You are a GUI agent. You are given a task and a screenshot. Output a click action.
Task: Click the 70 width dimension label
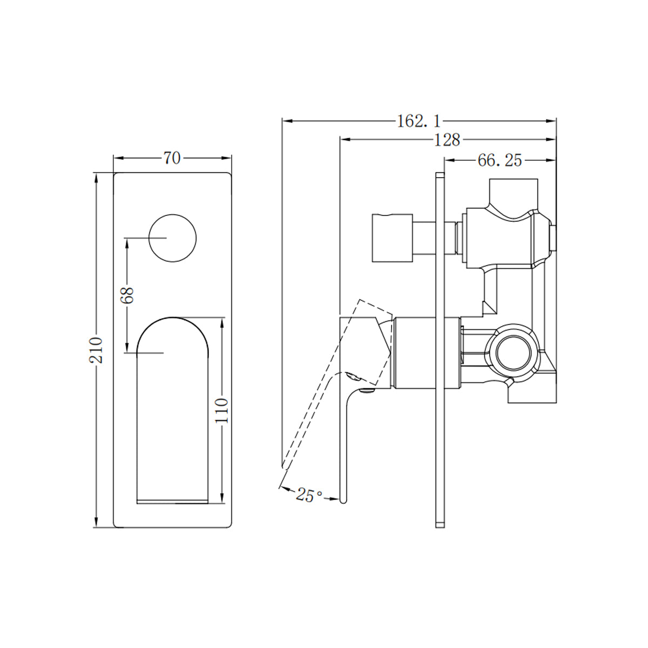(172, 158)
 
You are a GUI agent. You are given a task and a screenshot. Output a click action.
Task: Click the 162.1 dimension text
(419, 121)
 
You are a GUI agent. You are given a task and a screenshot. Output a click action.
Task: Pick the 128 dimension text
(447, 140)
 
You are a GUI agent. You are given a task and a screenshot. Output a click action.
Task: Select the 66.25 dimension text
(500, 160)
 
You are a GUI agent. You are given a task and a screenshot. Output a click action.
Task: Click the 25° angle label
(309, 495)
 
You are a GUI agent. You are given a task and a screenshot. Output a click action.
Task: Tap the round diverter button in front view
(172, 238)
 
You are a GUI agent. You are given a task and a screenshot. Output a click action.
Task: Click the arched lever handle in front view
(172, 410)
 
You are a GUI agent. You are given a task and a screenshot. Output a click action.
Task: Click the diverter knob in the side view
(392, 238)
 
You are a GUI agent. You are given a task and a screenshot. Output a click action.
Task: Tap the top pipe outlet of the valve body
(513, 192)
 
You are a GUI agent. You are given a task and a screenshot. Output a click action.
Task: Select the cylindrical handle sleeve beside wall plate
(427, 353)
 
